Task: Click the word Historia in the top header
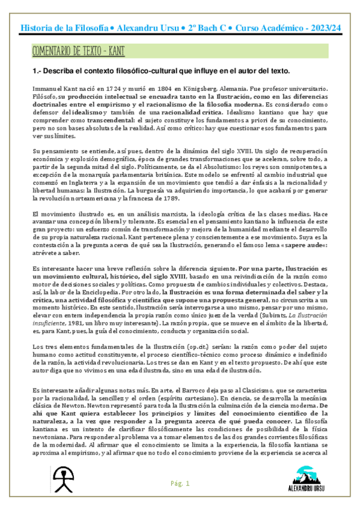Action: click(x=37, y=28)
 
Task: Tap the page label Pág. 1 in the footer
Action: click(x=180, y=483)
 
